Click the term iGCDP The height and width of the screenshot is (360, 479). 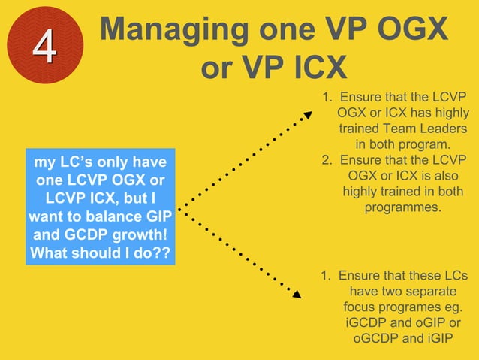click(x=368, y=323)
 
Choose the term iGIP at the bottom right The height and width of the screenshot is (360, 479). click(x=438, y=339)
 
